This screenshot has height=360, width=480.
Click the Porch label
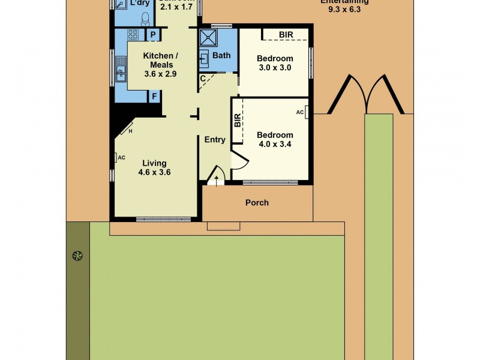[x=257, y=203]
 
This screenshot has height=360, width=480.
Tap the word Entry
[x=215, y=140]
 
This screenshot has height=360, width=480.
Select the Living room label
[x=154, y=163]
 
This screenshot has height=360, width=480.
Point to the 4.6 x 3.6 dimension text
[x=154, y=172]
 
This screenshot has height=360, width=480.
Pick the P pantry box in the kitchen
[x=154, y=35]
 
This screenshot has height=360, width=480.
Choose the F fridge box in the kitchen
[x=154, y=96]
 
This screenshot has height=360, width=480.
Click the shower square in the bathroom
[x=209, y=38]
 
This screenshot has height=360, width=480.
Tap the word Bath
[x=221, y=55]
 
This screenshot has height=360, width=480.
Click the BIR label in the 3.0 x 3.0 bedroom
[x=286, y=35]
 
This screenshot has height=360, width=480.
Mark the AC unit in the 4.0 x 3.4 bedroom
[x=306, y=112]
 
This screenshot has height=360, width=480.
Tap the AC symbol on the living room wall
[x=116, y=158]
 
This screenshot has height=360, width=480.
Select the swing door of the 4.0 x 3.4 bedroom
[x=238, y=160]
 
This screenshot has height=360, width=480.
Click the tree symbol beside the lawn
[x=77, y=256]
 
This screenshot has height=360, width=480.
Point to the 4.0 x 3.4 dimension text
[x=275, y=144]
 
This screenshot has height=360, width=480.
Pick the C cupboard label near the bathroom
[x=203, y=78]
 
